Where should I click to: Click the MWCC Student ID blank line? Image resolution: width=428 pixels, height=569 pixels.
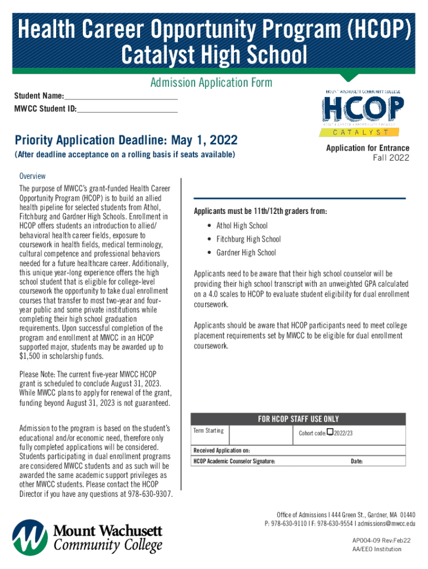tap(127, 108)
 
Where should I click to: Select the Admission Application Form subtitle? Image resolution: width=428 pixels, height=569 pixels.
tap(211, 83)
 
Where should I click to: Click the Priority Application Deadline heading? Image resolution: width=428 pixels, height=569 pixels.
tap(126, 139)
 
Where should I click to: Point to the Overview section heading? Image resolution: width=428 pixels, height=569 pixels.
tap(32, 176)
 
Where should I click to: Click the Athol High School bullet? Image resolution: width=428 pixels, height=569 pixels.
tap(241, 226)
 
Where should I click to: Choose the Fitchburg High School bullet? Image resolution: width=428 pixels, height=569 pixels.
tap(248, 239)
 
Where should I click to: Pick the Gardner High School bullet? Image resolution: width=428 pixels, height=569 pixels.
tap(246, 252)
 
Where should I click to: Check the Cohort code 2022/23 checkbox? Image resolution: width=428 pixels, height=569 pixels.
tap(330, 432)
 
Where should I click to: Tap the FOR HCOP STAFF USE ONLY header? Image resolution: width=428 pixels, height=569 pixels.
tap(298, 419)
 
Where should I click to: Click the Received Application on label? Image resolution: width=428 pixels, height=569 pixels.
tap(221, 450)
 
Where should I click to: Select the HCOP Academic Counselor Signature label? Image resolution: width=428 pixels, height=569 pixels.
tap(234, 461)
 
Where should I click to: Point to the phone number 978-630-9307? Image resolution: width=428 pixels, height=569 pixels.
tap(148, 495)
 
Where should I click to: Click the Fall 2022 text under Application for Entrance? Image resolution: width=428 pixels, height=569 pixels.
tap(390, 158)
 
